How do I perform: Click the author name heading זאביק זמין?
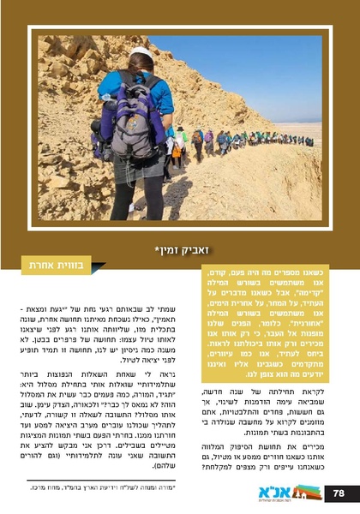click(x=183, y=250)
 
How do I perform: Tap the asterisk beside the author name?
click(x=158, y=249)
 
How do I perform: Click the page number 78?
click(x=339, y=493)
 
